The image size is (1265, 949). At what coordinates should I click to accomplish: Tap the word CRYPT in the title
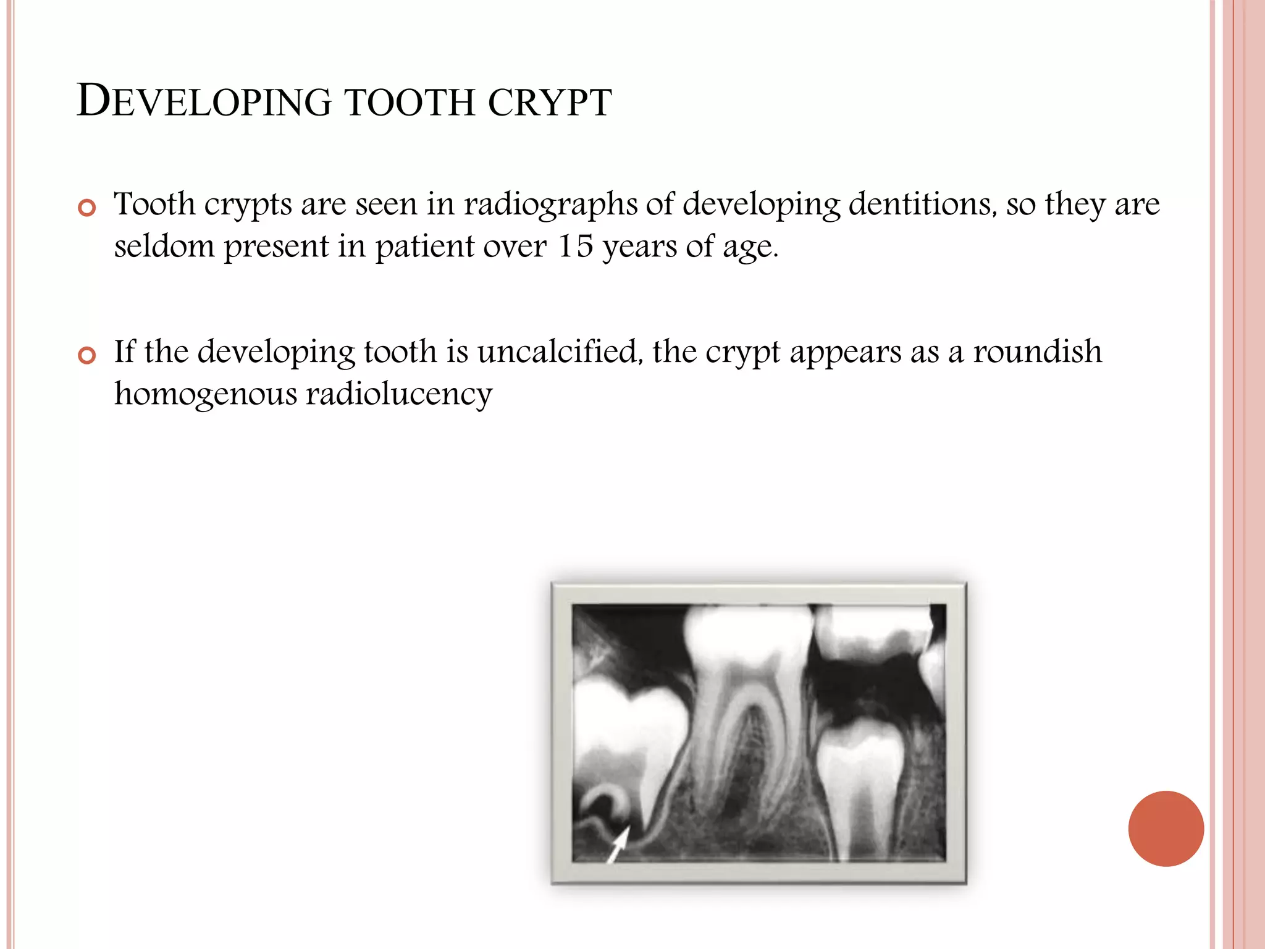tap(549, 103)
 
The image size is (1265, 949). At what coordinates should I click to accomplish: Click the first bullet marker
tap(87, 208)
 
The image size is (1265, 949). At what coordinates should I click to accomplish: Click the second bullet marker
tap(87, 355)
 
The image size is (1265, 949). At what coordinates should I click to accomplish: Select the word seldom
tap(164, 247)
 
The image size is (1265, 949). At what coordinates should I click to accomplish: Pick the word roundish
tap(1037, 352)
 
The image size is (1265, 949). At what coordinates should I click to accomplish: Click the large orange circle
tap(1166, 829)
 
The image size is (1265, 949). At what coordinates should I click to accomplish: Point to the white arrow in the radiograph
tap(618, 843)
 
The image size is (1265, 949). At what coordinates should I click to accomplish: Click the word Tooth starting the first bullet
tap(154, 204)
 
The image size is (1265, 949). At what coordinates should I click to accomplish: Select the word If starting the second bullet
tap(124, 352)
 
